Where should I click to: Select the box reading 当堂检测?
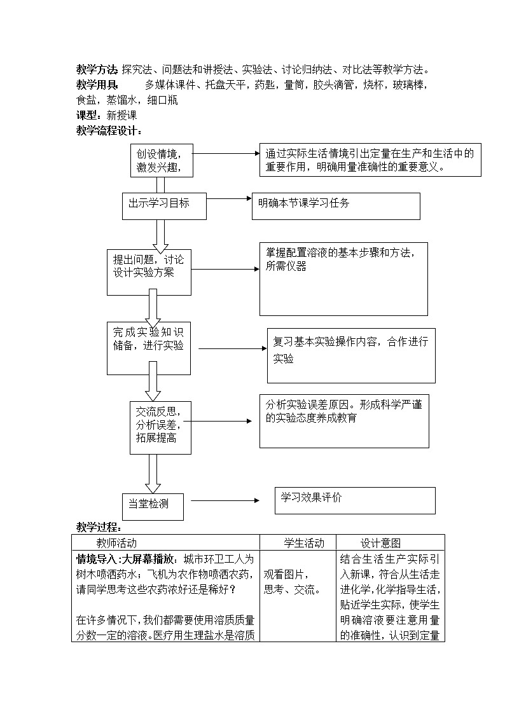[x=153, y=505]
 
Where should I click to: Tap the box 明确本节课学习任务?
[x=336, y=206]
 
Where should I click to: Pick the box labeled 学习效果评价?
[x=355, y=500]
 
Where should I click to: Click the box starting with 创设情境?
[x=161, y=160]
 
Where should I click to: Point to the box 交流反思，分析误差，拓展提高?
[x=160, y=427]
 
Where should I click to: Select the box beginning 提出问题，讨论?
[x=149, y=272]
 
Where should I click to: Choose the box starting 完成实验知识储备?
[x=149, y=348]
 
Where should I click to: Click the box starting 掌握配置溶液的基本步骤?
[x=343, y=278]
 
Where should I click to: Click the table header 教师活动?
[x=116, y=543]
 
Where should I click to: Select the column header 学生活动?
[x=303, y=543]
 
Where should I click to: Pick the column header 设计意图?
[x=381, y=543]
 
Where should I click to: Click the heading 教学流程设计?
[x=109, y=131]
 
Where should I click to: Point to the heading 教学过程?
[x=99, y=527]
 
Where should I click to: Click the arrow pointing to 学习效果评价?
[x=225, y=500]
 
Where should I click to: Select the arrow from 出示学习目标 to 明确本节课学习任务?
[x=229, y=199]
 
